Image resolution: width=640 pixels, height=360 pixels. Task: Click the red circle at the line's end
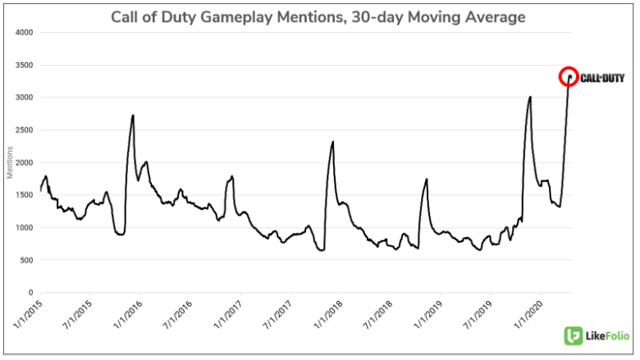tap(569, 77)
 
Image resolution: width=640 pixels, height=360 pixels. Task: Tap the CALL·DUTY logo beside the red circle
tap(602, 78)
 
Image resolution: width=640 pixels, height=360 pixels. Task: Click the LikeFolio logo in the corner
tap(597, 336)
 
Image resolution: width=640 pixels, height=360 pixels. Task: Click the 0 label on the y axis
tap(29, 293)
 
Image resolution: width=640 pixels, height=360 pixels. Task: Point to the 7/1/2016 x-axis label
tap(177, 315)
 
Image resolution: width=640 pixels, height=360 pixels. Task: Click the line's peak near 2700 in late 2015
tap(133, 116)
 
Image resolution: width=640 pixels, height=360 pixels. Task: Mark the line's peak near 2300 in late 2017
tap(332, 142)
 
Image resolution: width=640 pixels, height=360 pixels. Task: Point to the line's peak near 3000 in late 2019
tap(530, 97)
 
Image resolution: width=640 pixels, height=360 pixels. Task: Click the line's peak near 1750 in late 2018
tap(427, 179)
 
